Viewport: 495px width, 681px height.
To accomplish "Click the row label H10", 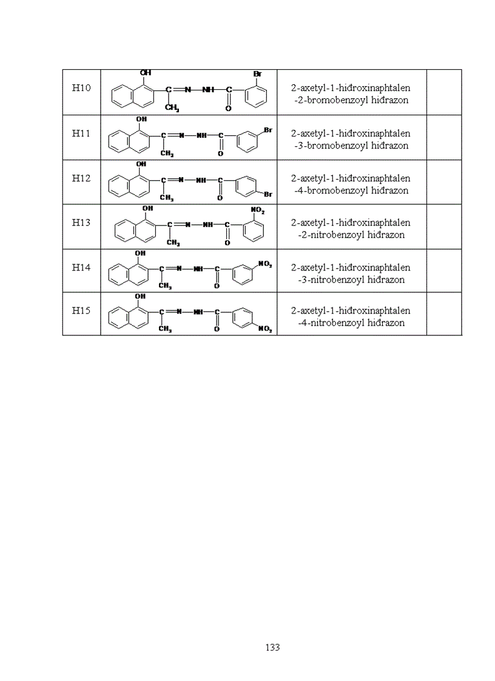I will (81, 88).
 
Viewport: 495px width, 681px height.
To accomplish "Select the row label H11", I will (81, 133).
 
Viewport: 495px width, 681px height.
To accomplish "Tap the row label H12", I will (81, 178).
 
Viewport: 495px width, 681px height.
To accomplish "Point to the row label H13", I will (81, 222).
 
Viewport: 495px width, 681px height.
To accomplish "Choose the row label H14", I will (81, 267).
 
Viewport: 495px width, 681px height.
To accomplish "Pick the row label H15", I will (81, 310).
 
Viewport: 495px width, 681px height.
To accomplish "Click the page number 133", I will (272, 648).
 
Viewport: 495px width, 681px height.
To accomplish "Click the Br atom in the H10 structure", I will (257, 74).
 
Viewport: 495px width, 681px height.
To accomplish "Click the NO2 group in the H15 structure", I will (265, 329).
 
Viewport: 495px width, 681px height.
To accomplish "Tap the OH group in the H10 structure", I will (146, 73).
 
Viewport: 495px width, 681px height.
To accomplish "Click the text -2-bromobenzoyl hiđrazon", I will (351, 100).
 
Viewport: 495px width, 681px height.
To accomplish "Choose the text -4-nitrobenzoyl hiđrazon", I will (351, 323).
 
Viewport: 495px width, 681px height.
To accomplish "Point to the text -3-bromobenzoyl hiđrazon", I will (351, 146).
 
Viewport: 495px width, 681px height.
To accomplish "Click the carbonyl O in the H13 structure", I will (227, 243).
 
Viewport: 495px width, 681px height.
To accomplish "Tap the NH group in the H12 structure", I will (202, 180).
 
